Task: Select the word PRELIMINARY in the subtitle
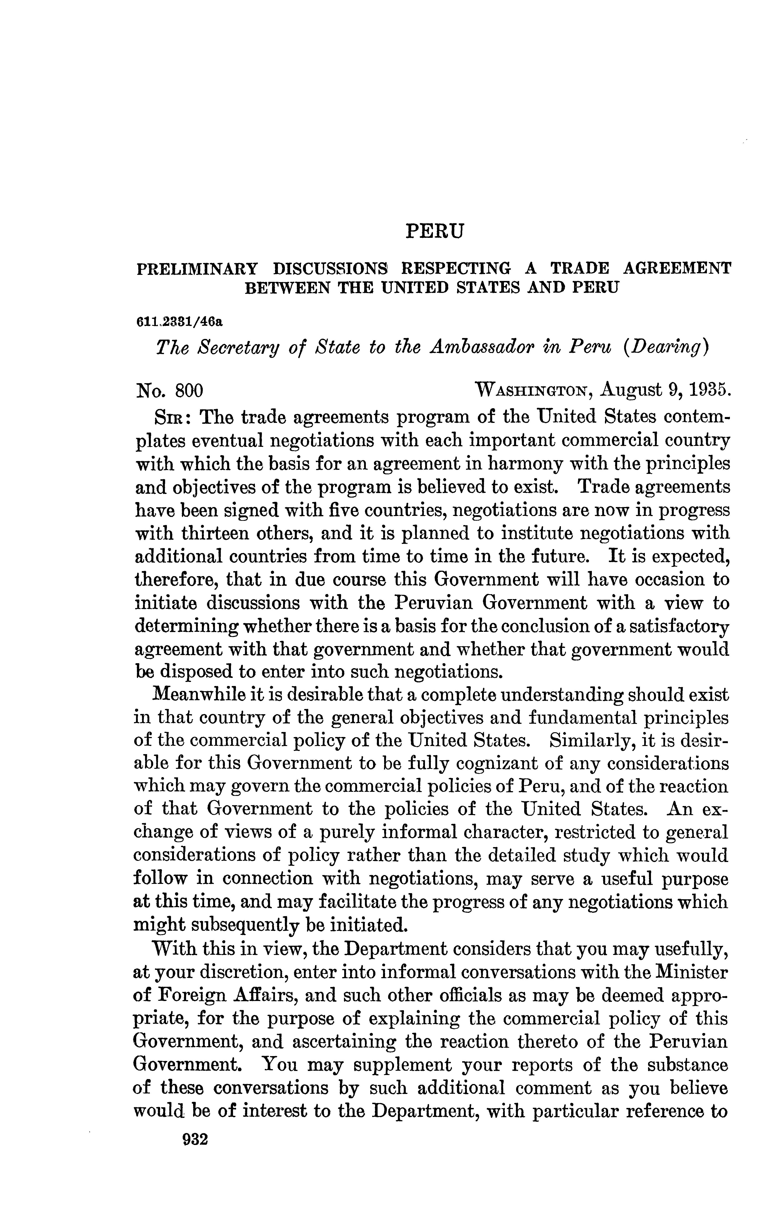point(197,268)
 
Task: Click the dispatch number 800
point(189,391)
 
